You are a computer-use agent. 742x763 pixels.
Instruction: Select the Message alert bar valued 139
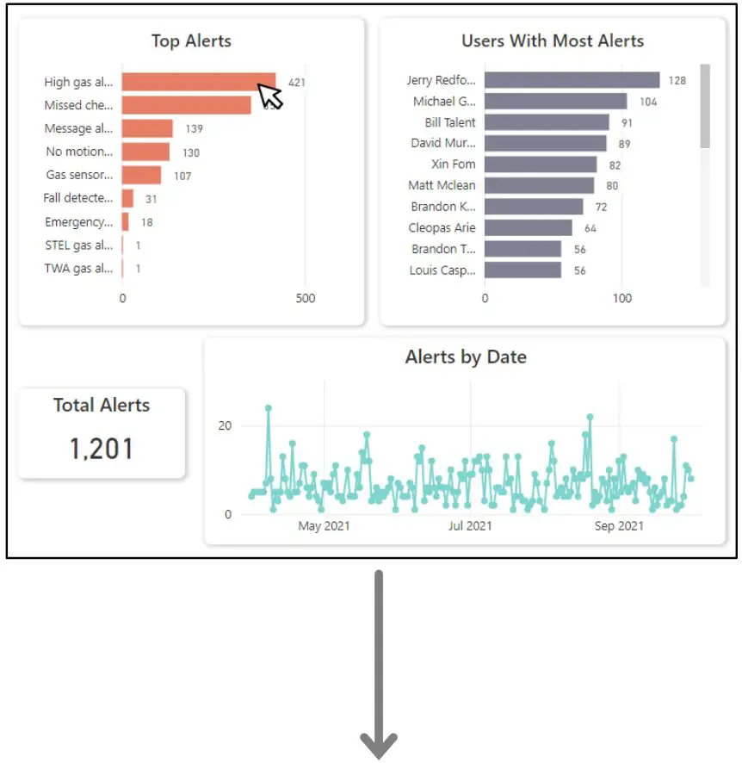tap(147, 128)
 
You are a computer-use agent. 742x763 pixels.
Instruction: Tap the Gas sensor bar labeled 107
tap(141, 175)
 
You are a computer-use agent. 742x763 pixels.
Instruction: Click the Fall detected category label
tap(78, 198)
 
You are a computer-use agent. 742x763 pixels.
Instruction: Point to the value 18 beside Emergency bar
tap(147, 222)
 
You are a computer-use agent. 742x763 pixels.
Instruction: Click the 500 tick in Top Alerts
tap(305, 299)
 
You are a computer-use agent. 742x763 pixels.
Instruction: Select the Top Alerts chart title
tap(191, 40)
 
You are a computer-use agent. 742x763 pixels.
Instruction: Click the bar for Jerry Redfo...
tap(572, 80)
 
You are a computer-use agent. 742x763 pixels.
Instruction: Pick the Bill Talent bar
tap(547, 122)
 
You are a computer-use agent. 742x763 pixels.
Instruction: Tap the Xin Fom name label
tap(454, 164)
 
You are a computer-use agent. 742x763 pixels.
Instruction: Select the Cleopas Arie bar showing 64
tap(528, 227)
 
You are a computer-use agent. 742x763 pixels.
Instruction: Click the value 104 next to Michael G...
tap(647, 102)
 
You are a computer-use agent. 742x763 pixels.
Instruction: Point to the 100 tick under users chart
tap(621, 299)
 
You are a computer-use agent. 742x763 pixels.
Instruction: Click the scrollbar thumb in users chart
tap(705, 105)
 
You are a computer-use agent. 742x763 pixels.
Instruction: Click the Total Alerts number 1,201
tap(102, 449)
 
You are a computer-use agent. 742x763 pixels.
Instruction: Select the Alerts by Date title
tap(466, 357)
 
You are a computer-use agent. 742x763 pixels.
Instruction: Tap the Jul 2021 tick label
tap(470, 525)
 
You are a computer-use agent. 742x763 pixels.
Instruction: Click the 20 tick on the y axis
tap(224, 426)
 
